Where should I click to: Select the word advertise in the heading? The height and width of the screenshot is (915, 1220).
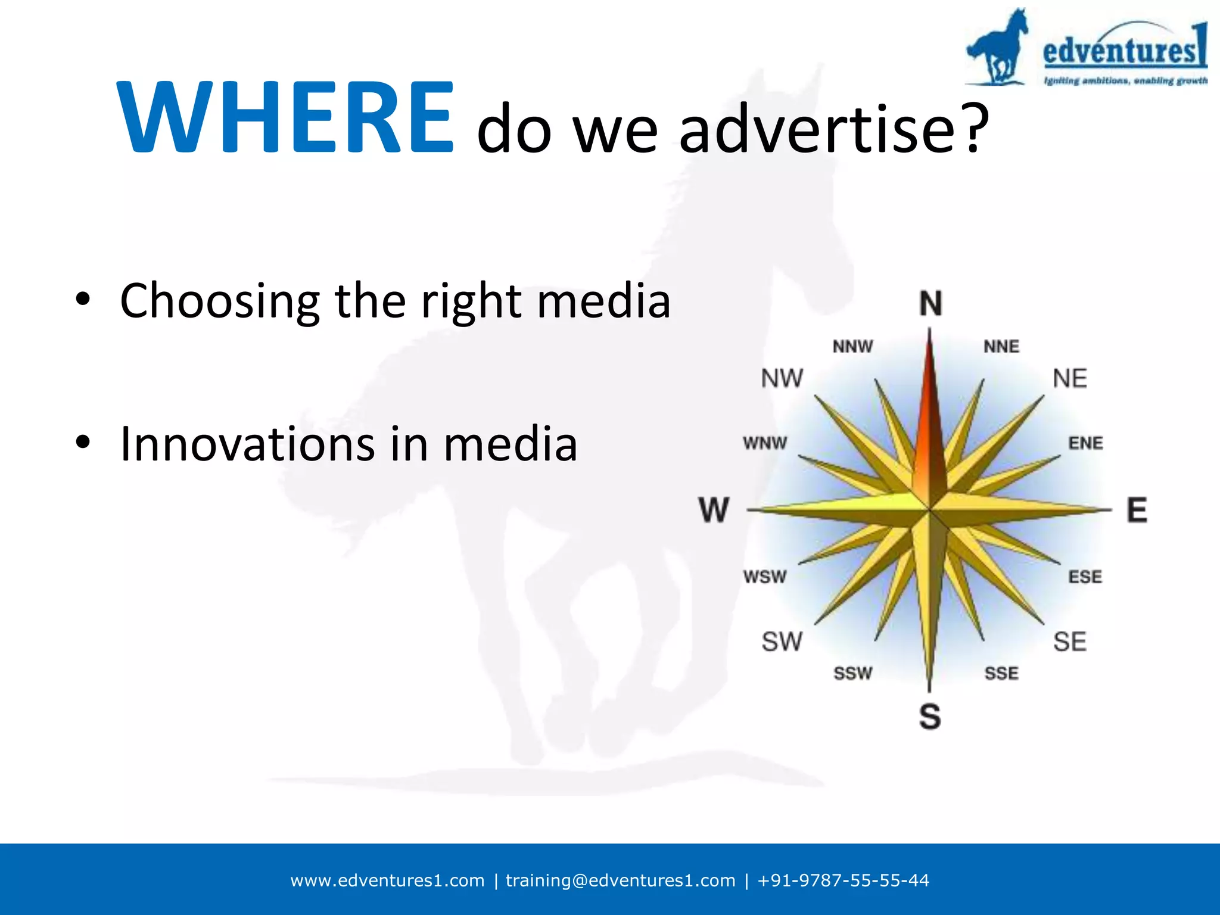coord(817,127)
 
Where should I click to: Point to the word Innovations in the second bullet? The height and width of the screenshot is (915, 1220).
coord(247,444)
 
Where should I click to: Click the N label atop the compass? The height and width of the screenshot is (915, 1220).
coord(930,304)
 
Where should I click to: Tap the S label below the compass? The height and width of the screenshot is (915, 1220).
coord(930,716)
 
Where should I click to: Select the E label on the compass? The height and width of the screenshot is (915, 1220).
coord(1137,511)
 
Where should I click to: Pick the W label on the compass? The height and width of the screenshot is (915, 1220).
coord(714,511)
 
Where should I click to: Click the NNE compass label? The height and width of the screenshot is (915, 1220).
coord(1001,346)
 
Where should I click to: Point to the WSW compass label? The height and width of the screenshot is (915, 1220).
coord(765,577)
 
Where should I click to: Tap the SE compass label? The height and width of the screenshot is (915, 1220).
coord(1070,642)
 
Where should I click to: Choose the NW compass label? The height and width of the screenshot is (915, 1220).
coord(782,378)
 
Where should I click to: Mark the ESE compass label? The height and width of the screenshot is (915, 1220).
coord(1085,577)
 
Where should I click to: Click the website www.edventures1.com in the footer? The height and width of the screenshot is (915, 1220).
coord(387,880)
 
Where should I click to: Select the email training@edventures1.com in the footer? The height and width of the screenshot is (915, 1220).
coord(620,880)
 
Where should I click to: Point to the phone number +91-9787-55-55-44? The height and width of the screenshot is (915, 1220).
coord(843,880)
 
